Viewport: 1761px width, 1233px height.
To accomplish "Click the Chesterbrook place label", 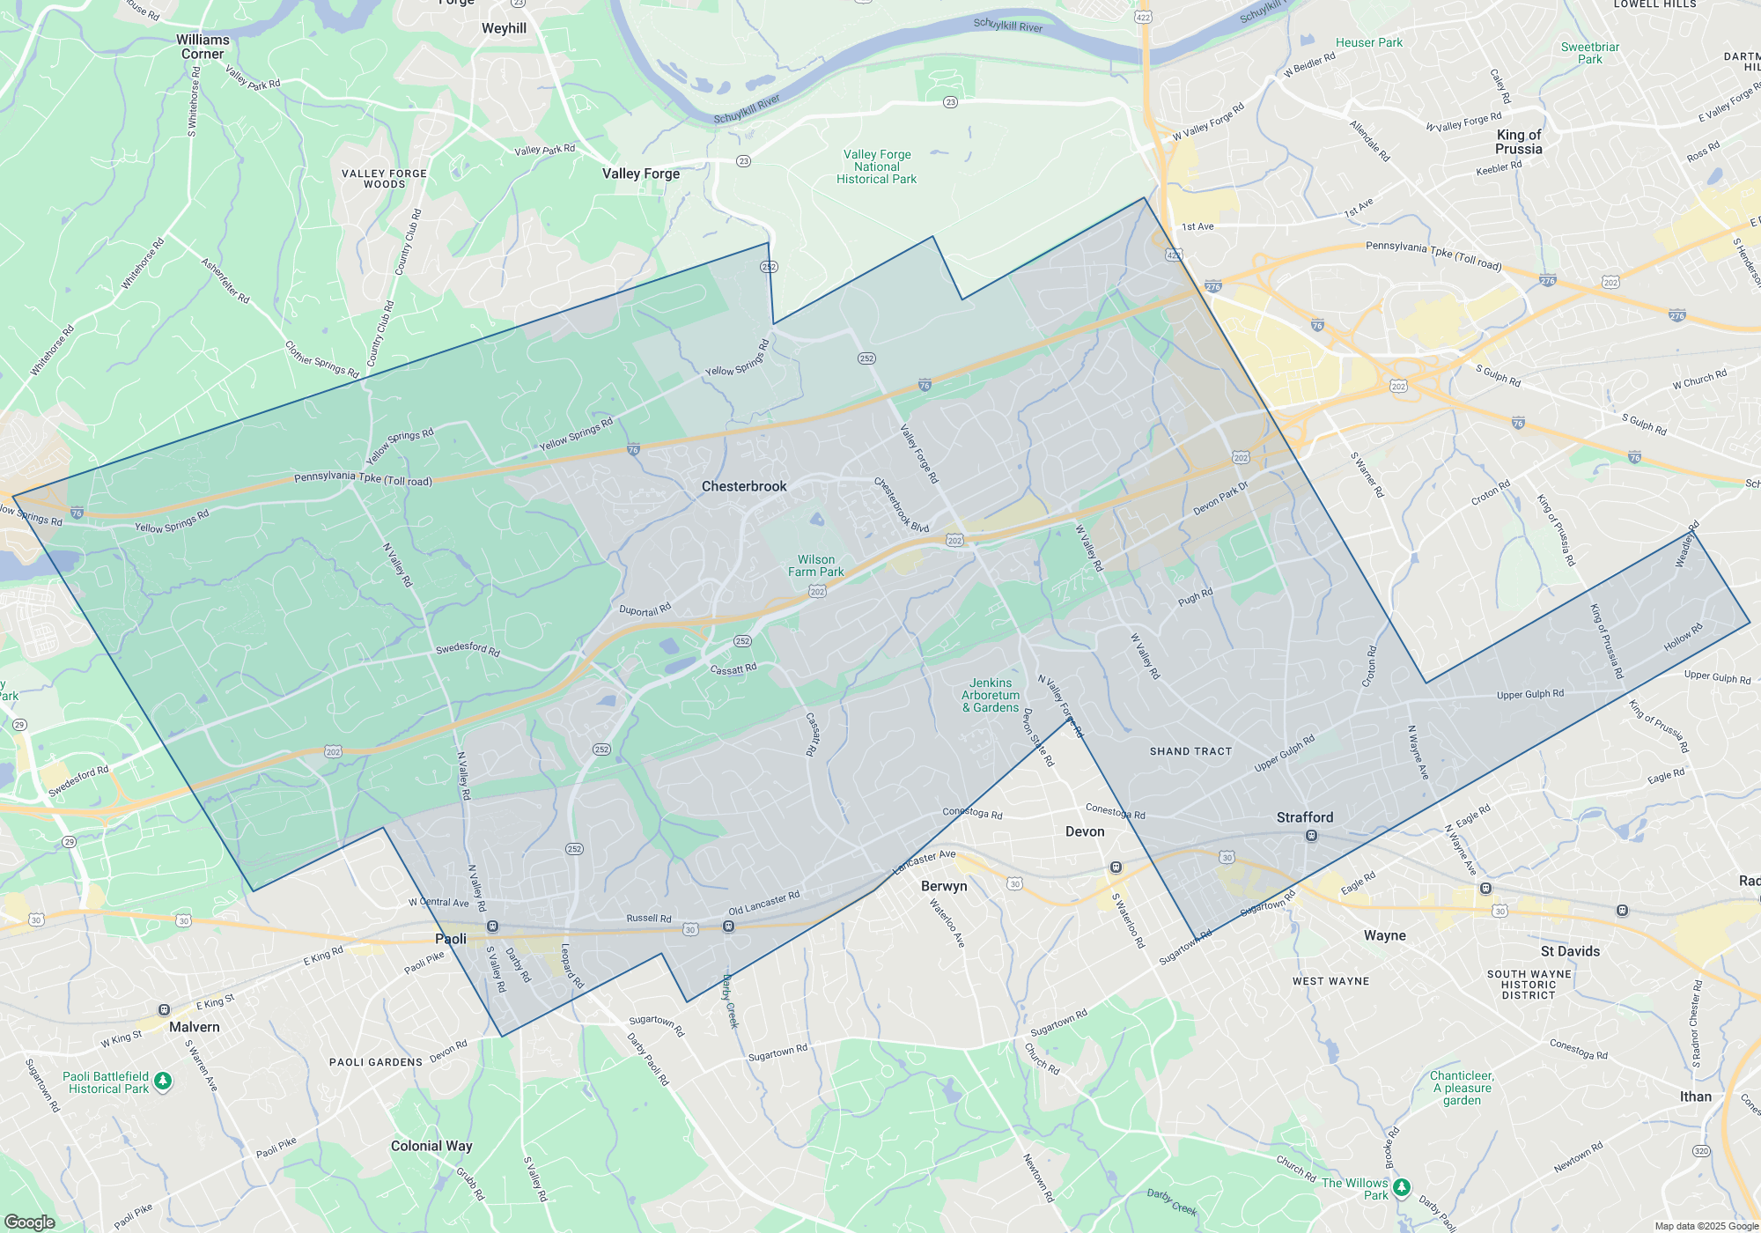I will click(744, 486).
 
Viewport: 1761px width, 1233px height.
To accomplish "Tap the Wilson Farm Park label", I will click(816, 565).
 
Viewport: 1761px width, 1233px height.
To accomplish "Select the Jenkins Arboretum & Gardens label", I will click(991, 695).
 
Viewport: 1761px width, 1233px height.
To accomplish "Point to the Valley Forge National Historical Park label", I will click(877, 166).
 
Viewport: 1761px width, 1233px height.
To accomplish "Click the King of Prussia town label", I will click(1519, 142).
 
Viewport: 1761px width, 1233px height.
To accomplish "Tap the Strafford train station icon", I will click(1311, 836).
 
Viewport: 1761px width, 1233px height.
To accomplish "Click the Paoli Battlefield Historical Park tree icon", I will click(163, 1080).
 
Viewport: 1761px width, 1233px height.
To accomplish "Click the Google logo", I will click(29, 1222).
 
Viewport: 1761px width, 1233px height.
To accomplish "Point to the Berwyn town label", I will click(944, 886).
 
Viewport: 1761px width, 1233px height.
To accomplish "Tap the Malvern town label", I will click(195, 1027).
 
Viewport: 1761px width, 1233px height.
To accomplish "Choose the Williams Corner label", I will click(203, 47).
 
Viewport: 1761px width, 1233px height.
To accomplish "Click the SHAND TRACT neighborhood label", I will click(1190, 751).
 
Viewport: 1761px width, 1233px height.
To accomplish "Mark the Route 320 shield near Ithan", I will click(1701, 1151).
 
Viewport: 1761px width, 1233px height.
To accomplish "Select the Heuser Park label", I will click(1369, 42).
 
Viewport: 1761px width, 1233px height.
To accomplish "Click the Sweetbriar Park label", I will click(1590, 53).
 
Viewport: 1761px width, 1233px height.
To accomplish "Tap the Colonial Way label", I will click(431, 1146).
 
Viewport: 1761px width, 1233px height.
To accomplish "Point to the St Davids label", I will click(1570, 951).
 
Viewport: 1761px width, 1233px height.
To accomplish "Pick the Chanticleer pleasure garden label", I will click(1462, 1088).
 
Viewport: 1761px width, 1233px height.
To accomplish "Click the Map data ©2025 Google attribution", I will click(1706, 1226).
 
